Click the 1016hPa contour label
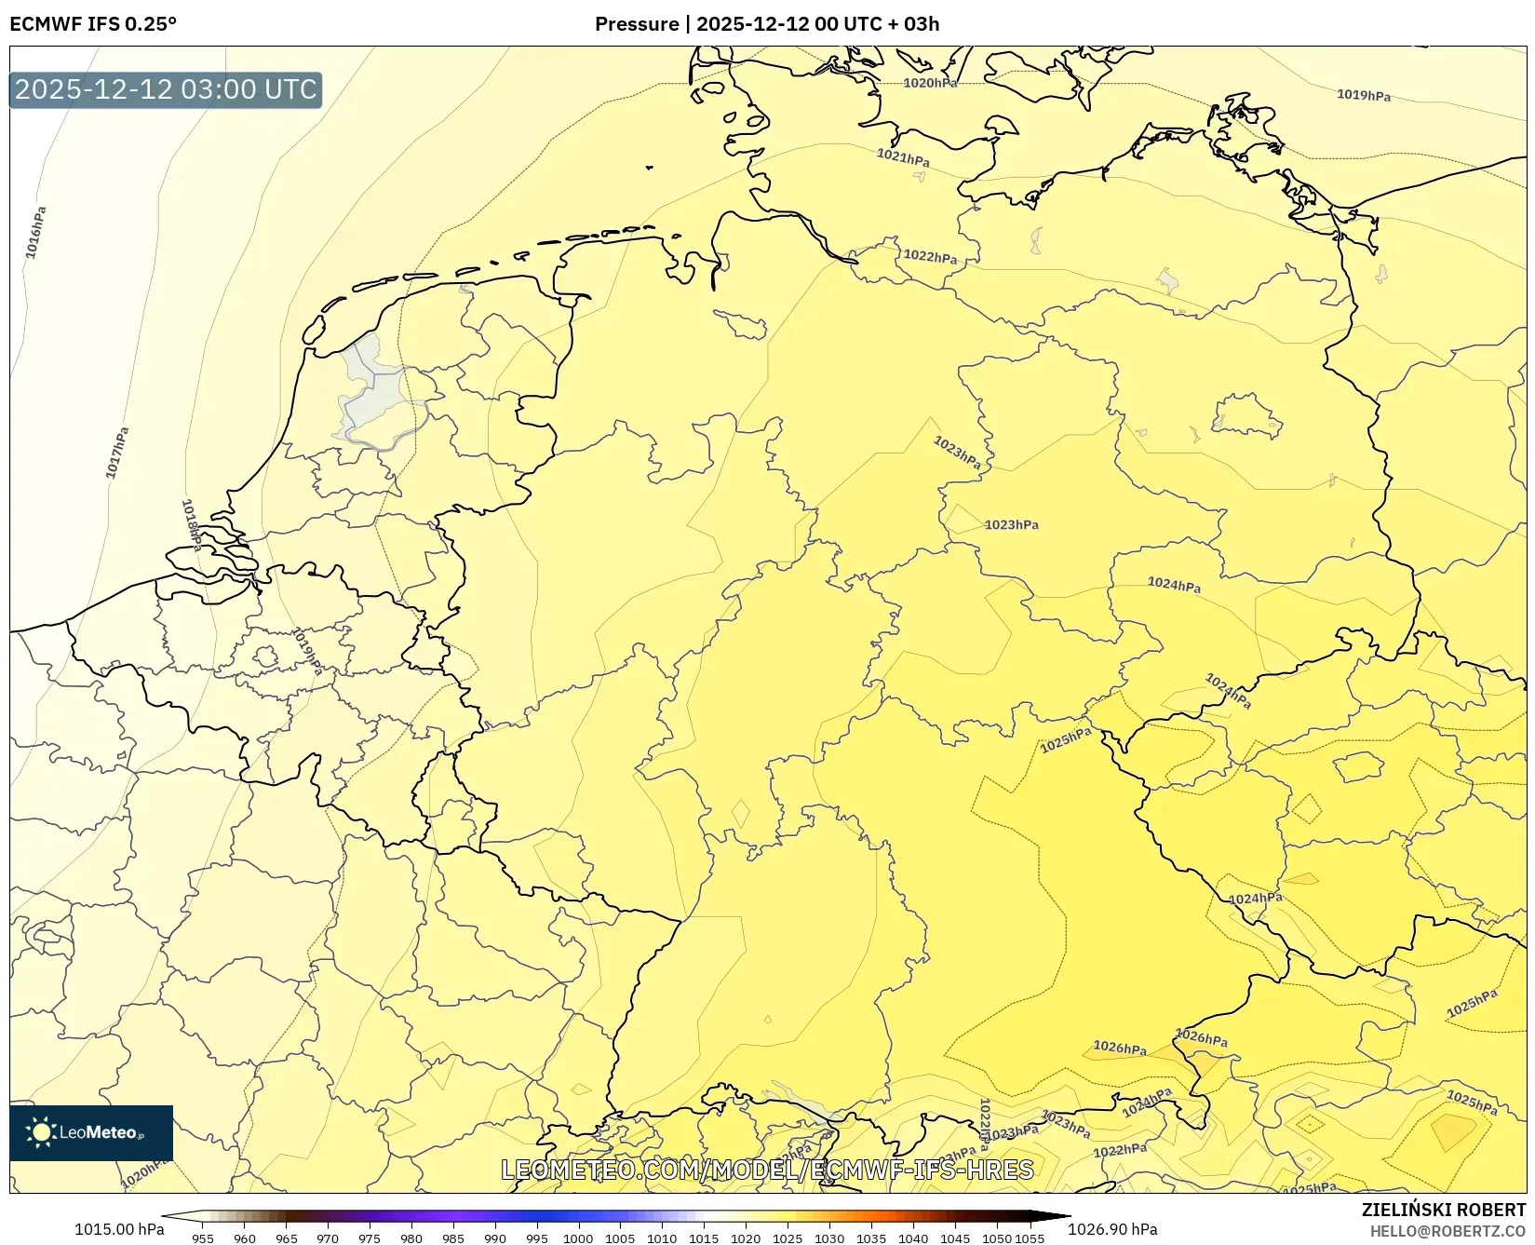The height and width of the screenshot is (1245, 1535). click(x=35, y=232)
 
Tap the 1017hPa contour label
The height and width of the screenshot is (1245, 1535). click(x=117, y=453)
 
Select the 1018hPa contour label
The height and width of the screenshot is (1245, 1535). click(x=192, y=524)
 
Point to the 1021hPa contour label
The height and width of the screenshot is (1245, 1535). click(x=903, y=157)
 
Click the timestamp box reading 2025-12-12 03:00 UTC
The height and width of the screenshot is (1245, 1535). click(x=166, y=89)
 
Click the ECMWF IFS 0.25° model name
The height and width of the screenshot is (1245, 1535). click(x=93, y=24)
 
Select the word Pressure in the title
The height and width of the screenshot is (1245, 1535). click(x=637, y=24)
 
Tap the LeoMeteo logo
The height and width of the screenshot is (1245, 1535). click(x=91, y=1132)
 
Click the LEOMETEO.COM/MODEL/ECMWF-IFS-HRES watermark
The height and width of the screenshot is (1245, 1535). click(x=767, y=1170)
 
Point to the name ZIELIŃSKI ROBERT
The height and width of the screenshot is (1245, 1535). click(x=1443, y=1210)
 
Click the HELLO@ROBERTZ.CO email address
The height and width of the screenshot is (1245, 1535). click(x=1447, y=1231)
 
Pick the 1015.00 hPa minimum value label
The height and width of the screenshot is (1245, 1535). click(x=119, y=1229)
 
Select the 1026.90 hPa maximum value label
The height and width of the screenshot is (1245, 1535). click(x=1112, y=1229)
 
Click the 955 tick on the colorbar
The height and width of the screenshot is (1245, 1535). click(x=203, y=1238)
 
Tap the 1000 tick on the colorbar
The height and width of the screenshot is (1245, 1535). click(x=578, y=1238)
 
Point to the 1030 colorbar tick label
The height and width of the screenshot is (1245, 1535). click(x=828, y=1238)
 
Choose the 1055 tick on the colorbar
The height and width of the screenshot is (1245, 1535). click(x=1030, y=1238)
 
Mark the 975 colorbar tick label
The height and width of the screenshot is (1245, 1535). click(x=370, y=1238)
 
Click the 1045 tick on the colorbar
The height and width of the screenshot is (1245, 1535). click(x=954, y=1238)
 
